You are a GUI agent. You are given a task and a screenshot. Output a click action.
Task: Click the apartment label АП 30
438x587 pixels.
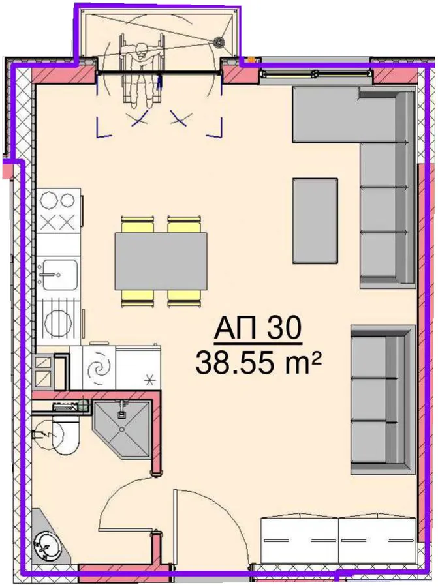coord(257,329)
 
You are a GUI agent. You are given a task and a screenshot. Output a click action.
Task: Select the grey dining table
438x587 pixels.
coord(161,262)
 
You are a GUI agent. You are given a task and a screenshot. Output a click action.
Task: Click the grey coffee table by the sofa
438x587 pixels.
coord(315,221)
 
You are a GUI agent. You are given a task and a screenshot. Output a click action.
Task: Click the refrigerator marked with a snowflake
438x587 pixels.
coord(138,368)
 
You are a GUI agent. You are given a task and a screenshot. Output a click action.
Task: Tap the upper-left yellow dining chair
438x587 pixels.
coord(138,224)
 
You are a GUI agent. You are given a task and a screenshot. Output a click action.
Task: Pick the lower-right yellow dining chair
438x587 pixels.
coord(184,298)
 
